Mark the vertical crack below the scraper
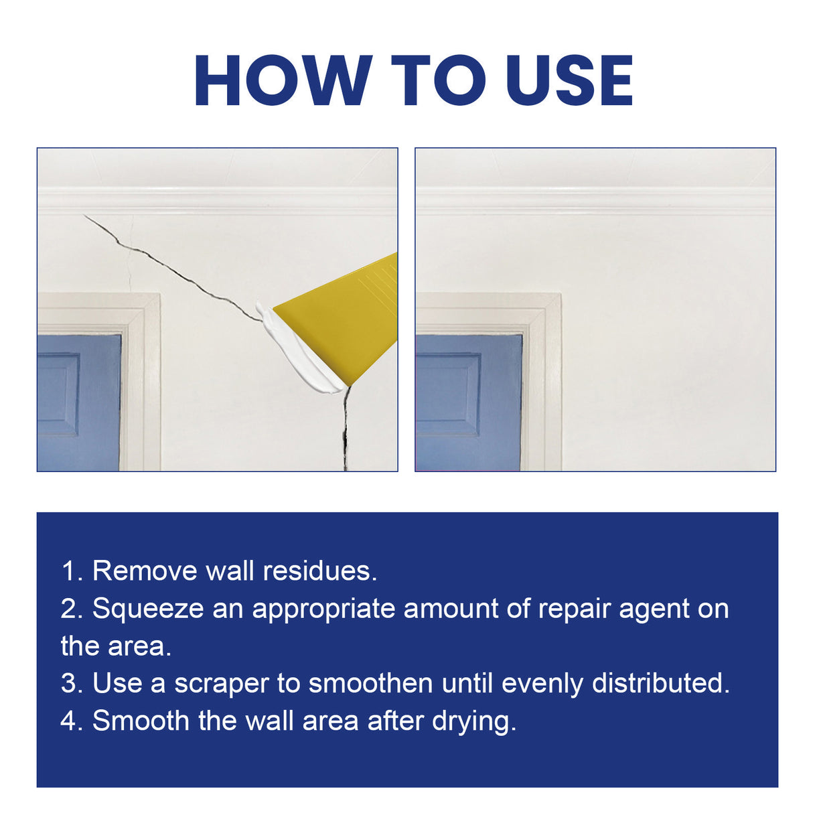(x=346, y=429)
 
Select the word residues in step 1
(x=319, y=571)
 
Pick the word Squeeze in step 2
(x=147, y=609)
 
